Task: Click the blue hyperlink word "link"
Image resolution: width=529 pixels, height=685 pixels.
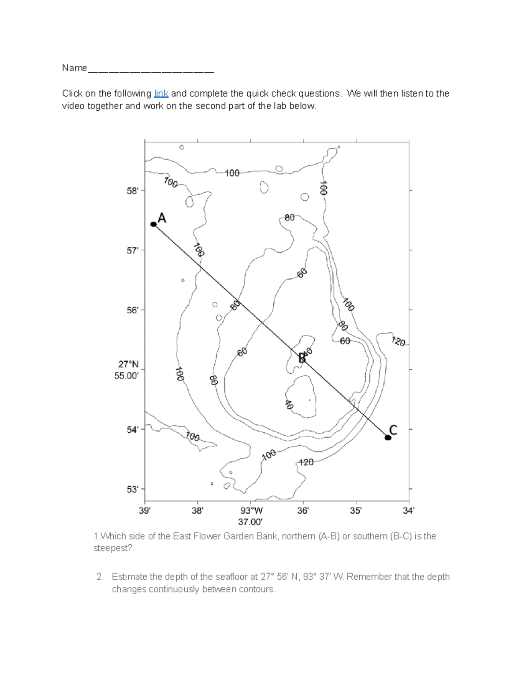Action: click(161, 94)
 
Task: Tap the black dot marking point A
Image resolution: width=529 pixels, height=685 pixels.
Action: click(153, 224)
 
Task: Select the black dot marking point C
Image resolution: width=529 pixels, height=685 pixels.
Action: click(388, 438)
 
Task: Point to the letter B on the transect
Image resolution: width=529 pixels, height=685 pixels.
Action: click(302, 358)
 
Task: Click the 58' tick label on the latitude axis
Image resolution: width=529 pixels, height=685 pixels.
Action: click(133, 191)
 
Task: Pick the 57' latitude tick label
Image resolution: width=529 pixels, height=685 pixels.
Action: click(133, 250)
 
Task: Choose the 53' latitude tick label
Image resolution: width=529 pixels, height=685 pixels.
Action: click(133, 489)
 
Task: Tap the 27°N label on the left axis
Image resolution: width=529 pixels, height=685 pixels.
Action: click(128, 364)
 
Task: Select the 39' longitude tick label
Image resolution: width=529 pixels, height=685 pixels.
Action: click(145, 511)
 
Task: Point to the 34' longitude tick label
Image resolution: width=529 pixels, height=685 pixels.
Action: click(409, 511)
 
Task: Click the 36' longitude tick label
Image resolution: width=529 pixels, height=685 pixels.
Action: click(303, 511)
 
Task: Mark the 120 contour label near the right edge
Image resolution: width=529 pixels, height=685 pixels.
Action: click(398, 341)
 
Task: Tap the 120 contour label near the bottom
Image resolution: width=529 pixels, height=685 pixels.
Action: click(306, 462)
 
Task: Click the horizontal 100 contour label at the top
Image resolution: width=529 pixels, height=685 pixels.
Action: click(232, 173)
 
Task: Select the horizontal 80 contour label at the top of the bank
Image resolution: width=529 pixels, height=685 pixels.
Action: click(289, 217)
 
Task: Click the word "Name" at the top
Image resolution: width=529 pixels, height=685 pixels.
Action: click(75, 68)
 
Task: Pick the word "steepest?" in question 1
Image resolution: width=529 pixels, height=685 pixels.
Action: click(112, 548)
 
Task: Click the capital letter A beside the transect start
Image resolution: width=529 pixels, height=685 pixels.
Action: click(162, 218)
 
